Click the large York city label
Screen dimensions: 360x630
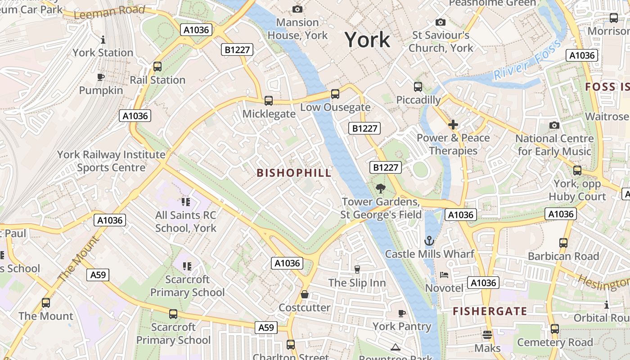click(367, 40)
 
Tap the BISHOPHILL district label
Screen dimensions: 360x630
click(294, 173)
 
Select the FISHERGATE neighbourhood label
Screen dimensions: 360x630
click(490, 311)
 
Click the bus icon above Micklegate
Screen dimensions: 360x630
click(269, 101)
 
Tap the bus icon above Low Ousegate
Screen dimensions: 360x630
click(335, 94)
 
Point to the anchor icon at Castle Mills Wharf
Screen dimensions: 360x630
click(429, 241)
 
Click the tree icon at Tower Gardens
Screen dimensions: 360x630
click(381, 188)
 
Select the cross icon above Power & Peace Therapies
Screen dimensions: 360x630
click(453, 124)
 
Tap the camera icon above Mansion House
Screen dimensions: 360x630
click(297, 9)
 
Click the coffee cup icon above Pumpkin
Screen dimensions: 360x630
click(101, 77)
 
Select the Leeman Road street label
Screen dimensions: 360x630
click(109, 12)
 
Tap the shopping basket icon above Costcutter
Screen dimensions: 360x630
click(305, 294)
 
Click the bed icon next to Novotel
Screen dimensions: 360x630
click(444, 274)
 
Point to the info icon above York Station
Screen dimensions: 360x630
click(103, 40)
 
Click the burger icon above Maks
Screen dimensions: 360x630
click(487, 335)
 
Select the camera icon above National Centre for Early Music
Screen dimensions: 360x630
click(554, 125)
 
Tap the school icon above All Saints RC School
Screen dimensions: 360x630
click(186, 202)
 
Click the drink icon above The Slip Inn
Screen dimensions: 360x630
click(357, 269)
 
